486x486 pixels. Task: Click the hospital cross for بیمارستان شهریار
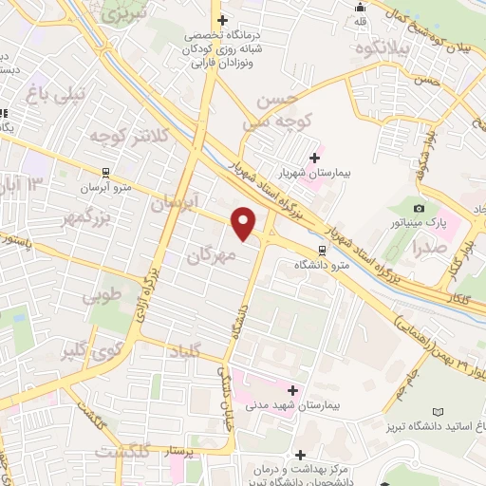click(x=314, y=158)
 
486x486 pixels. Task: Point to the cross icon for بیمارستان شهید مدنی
click(x=292, y=390)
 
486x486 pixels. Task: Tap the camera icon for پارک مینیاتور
click(x=419, y=208)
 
